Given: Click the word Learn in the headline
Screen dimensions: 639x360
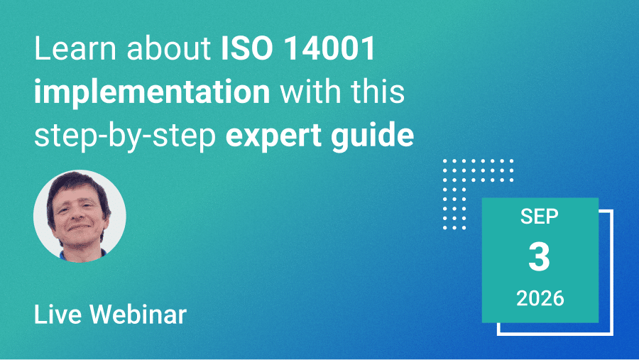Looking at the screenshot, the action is tap(76, 49).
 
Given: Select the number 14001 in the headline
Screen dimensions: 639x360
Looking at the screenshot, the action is tap(329, 49).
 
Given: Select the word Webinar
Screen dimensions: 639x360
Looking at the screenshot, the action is tap(138, 315).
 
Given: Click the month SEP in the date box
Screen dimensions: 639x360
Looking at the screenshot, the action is tap(539, 216).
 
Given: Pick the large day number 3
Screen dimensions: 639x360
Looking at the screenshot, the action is tap(539, 257).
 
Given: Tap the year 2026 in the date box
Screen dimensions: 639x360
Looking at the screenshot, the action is tap(540, 298).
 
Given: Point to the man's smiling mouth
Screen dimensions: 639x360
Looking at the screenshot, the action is tap(78, 227).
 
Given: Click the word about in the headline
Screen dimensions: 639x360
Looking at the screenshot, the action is tap(169, 49).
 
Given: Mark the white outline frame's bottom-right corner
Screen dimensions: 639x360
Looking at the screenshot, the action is tap(612, 334).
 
